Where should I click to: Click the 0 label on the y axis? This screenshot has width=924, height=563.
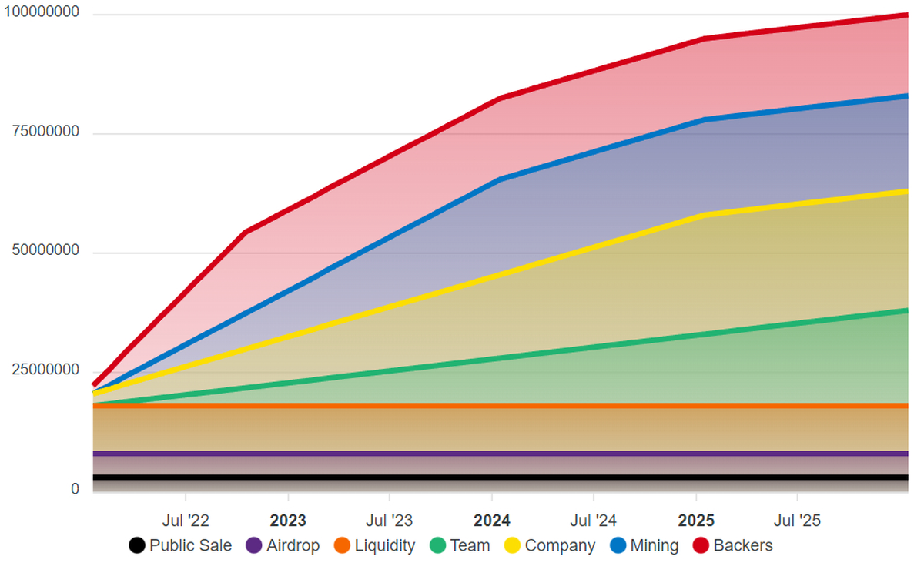coord(75,489)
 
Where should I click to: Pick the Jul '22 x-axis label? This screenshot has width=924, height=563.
coord(186,521)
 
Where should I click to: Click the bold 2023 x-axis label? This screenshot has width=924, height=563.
coord(288,521)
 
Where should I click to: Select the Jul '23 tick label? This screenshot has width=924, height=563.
coord(390,521)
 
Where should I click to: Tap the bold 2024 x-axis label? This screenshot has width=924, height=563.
coord(492,521)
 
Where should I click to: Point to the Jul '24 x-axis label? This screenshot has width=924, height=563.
coord(594,521)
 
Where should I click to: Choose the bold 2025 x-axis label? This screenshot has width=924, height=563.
coord(696,521)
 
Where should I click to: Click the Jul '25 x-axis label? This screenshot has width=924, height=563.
coord(798,521)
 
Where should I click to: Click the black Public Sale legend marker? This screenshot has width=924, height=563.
coord(137,546)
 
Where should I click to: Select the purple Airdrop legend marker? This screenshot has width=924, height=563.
coord(254,546)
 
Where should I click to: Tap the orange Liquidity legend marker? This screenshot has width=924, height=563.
coord(343,546)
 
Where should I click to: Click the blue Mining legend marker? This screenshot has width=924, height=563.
coord(618,546)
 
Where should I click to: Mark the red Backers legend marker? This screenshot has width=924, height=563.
coord(701,546)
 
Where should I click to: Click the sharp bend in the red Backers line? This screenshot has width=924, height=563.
coord(245,232)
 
